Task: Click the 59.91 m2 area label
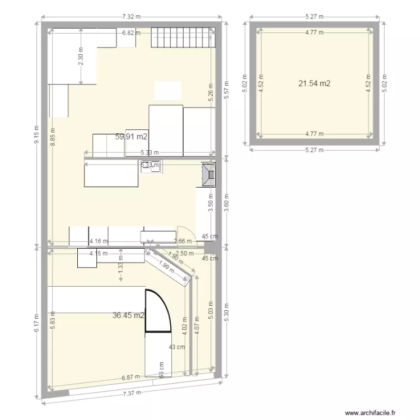coord(132,136)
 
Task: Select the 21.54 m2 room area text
coord(314,83)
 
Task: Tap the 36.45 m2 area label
coord(129,315)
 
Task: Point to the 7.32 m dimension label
coord(132,18)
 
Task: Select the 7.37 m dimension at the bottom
coord(132,393)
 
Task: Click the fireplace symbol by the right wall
coord(209,174)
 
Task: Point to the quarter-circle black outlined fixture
coord(157,311)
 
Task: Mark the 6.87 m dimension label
coord(132,379)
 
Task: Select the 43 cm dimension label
coord(177,347)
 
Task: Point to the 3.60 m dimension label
coord(226,201)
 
